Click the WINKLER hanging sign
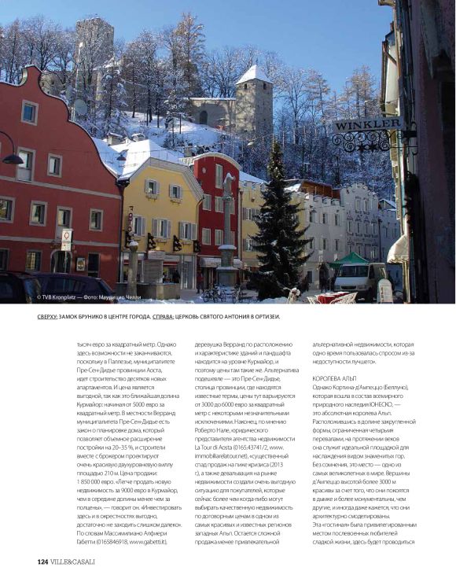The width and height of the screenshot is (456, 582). coord(368,123)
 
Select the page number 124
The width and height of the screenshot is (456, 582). coord(44,562)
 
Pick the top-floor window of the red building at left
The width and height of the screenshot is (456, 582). coord(29,112)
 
